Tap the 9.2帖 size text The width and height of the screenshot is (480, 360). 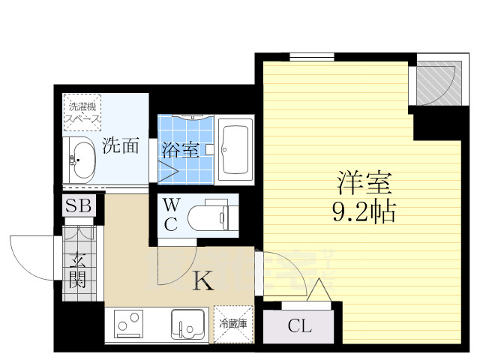pos(364,212)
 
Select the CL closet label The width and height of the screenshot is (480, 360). pos(298,326)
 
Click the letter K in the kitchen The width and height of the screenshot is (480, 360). pos(203,281)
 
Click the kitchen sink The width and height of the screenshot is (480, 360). pos(187,324)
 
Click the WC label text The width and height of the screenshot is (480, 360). pos(170,213)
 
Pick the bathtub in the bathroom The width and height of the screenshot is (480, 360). pos(235,148)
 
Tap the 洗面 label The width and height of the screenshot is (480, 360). pos(120,145)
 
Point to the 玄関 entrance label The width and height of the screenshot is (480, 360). pos(78,271)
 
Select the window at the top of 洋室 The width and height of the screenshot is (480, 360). pos(312,56)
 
